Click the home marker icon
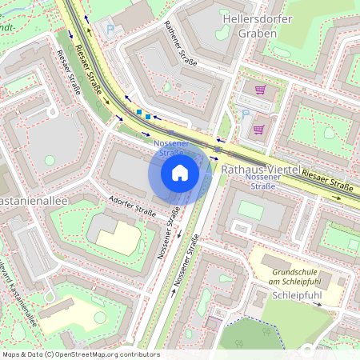click(x=179, y=172)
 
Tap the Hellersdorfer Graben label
click(x=268, y=26)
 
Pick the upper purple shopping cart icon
click(x=259, y=90)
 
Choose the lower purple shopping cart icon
click(x=258, y=128)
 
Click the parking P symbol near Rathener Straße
click(x=110, y=30)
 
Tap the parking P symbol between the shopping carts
click(x=246, y=114)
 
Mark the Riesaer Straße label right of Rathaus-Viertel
click(x=328, y=189)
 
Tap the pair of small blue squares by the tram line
click(x=142, y=114)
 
